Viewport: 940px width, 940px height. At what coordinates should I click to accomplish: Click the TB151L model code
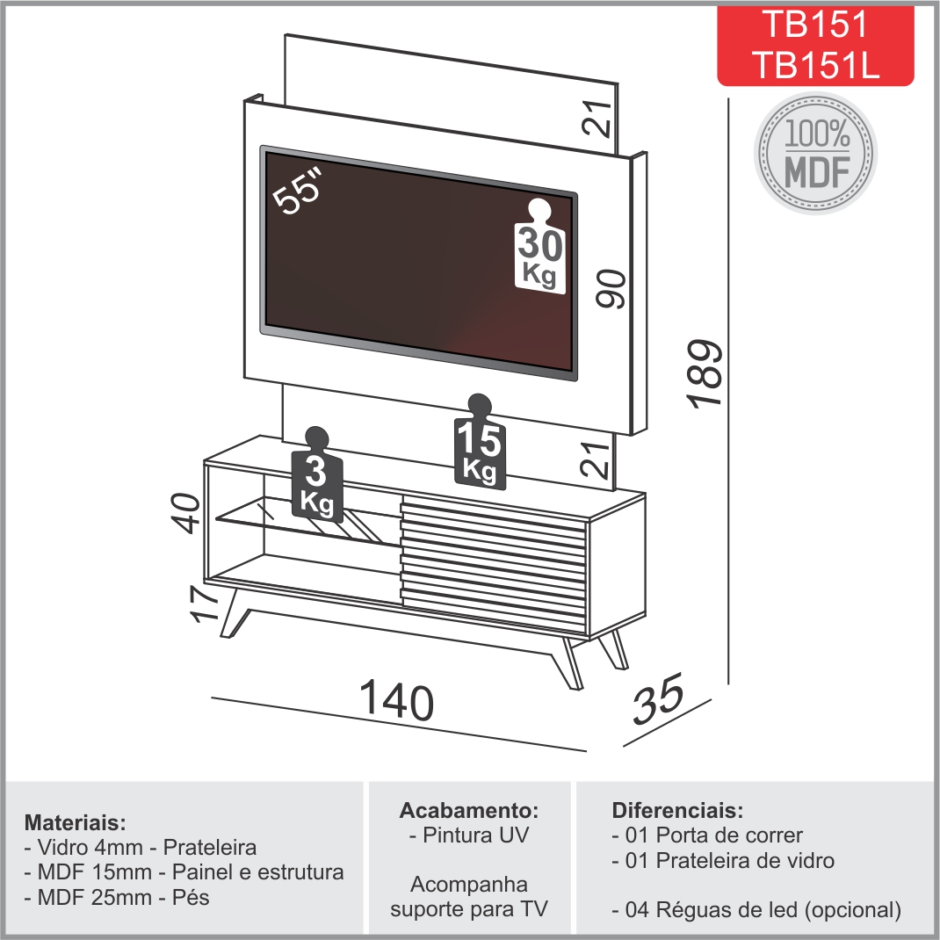click(815, 64)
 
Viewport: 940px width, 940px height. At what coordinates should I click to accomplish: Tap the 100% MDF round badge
click(816, 154)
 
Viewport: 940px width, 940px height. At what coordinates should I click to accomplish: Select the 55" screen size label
click(298, 190)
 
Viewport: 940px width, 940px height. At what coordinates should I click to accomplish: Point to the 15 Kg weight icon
click(480, 441)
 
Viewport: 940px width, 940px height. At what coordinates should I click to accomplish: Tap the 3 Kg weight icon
click(316, 474)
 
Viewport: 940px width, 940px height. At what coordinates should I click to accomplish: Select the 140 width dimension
click(396, 700)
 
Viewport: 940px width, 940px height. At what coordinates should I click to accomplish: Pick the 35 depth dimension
click(658, 699)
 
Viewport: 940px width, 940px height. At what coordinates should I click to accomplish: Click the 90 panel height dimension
click(611, 289)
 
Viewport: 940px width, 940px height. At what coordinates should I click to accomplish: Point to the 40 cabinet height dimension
click(187, 512)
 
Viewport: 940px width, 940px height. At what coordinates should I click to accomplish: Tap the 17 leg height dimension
click(204, 603)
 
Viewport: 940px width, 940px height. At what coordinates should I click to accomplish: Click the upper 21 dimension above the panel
click(597, 119)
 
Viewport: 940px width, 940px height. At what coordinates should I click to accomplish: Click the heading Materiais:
click(76, 822)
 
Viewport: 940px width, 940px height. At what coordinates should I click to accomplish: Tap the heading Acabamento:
click(469, 810)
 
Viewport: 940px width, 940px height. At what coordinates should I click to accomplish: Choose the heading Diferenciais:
click(677, 810)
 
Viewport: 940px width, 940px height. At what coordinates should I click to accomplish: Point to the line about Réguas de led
click(756, 909)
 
